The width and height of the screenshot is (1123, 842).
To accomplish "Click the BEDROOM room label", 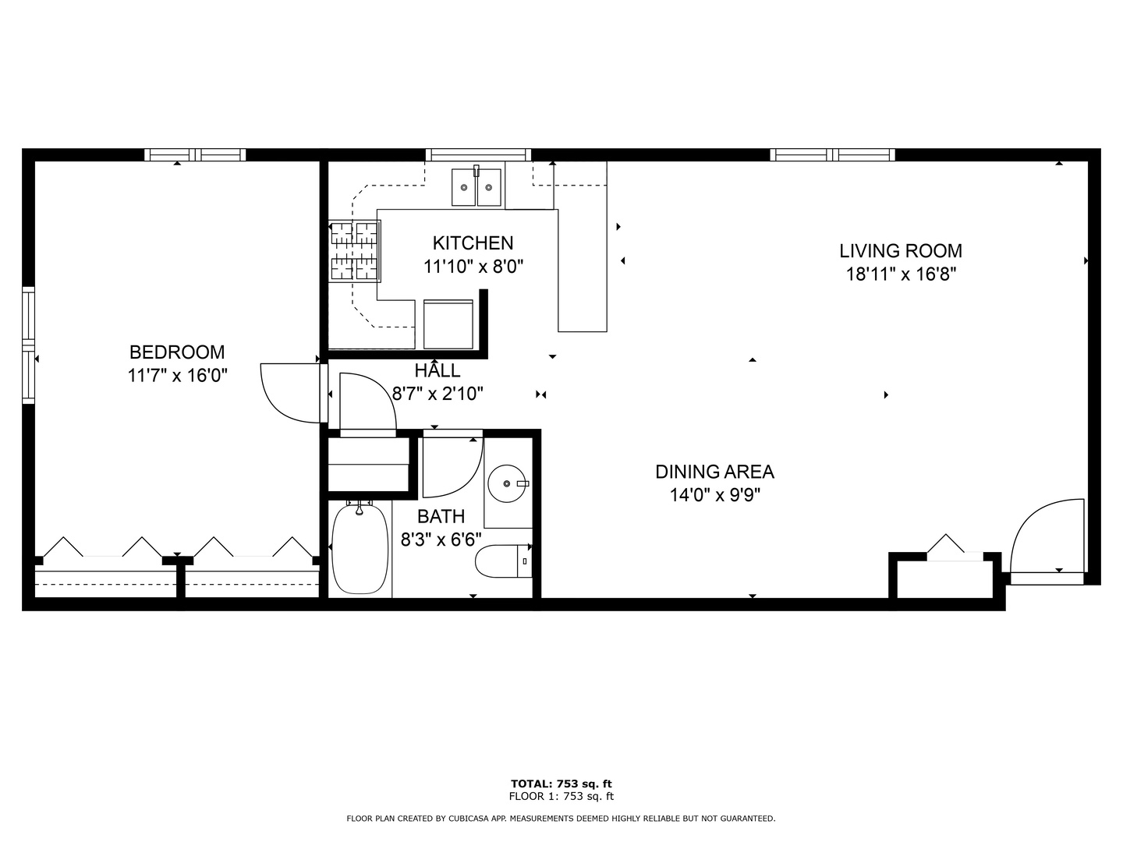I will [x=177, y=352].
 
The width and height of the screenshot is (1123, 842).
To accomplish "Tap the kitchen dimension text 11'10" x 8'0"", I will [x=473, y=267].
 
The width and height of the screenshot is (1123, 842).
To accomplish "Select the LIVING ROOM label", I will [x=901, y=251].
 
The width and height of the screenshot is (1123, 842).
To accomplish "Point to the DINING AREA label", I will [x=714, y=472].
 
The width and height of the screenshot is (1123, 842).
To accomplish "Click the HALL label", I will [x=437, y=371].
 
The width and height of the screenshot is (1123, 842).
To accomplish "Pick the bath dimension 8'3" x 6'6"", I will [x=441, y=539].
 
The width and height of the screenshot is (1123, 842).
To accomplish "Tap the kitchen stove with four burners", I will [x=355, y=250].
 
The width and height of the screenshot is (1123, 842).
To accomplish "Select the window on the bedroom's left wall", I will [x=28, y=345].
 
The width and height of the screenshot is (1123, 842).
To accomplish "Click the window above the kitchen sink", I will [x=478, y=154].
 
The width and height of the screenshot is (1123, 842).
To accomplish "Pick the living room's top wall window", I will [x=832, y=154].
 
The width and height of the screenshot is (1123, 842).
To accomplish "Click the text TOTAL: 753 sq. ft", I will [x=561, y=784].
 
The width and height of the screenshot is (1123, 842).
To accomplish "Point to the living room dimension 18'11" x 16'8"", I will [x=901, y=274].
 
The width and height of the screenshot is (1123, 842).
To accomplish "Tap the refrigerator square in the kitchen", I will [x=448, y=324].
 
